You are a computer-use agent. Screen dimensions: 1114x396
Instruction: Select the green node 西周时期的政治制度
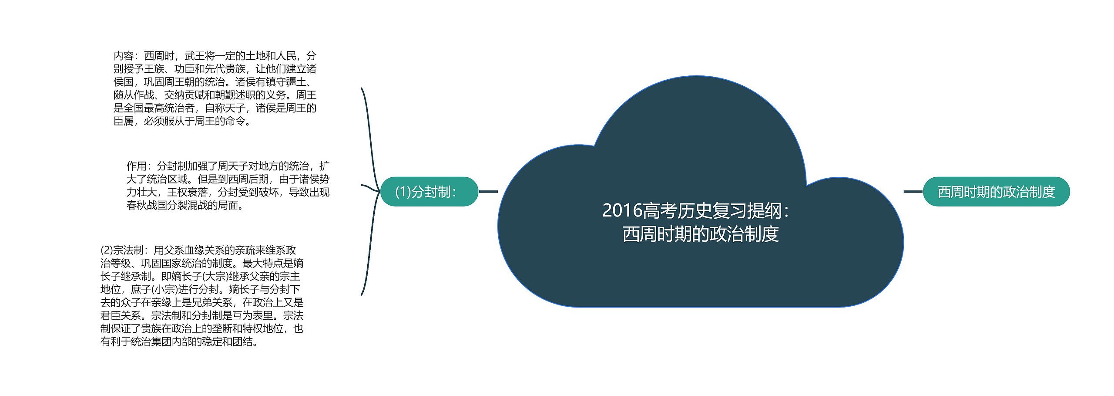996,192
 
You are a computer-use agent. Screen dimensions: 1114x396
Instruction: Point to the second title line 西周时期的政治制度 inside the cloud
701,234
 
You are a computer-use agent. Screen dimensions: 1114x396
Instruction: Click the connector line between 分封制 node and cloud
488,192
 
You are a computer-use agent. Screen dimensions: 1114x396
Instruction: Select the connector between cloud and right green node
913,192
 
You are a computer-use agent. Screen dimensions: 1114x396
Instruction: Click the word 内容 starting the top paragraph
124,56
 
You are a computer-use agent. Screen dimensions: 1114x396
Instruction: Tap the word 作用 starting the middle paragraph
137,166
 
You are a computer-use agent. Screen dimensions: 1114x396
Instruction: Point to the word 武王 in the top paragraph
195,56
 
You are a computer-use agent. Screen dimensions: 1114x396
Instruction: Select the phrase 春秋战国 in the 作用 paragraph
147,205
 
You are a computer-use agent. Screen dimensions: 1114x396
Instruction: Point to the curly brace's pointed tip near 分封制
379,191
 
